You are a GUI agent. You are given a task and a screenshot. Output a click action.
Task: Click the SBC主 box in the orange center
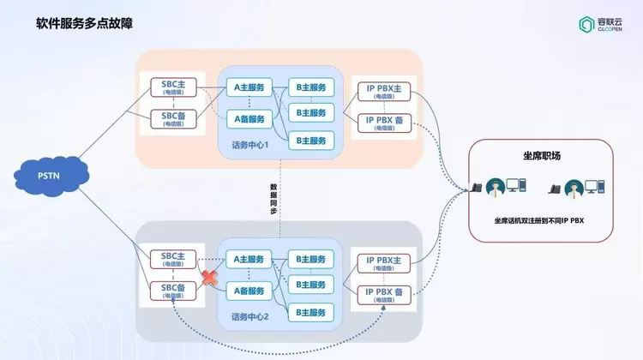coord(174,88)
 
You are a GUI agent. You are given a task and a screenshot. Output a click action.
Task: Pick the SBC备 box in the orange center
coord(174,118)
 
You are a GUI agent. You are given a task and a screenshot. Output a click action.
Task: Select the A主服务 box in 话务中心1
coord(249,88)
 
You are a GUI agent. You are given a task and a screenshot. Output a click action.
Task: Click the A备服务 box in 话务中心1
coord(249,118)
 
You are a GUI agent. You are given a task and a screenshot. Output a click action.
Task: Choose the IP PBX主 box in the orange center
coord(384,92)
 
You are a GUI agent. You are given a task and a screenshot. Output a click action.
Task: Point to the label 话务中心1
coord(250,145)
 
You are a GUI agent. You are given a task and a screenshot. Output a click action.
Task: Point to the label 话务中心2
coord(250,317)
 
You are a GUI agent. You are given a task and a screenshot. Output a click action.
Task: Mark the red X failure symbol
coord(207,278)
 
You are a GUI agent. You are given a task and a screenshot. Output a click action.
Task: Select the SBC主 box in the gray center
coord(174,260)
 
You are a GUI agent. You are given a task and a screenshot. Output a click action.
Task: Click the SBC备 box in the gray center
coord(174,290)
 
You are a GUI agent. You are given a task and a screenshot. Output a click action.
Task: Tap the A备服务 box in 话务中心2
coord(249,290)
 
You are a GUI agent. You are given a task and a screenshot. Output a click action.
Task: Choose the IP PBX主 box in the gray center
coord(384,264)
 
